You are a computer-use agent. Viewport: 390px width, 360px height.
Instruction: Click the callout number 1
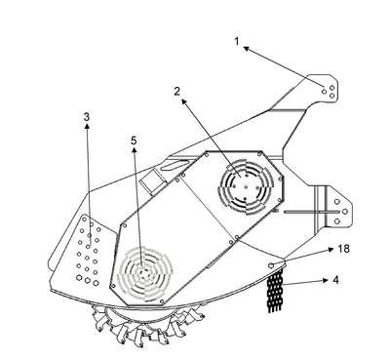237,41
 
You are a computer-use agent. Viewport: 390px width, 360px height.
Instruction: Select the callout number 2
176,92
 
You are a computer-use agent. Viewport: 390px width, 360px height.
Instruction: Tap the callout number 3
86,116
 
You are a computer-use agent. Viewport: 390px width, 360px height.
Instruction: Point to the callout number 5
134,140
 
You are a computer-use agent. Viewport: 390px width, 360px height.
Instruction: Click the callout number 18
344,249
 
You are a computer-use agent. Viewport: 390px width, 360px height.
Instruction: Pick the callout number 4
336,280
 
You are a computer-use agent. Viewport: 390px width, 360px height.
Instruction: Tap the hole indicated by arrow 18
271,265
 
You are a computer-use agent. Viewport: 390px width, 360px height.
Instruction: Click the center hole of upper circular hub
246,187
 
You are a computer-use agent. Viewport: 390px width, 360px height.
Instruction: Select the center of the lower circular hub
143,273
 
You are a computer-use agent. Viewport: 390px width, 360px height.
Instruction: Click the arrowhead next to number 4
326,280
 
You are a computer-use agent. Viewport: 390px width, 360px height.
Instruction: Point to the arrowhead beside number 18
331,249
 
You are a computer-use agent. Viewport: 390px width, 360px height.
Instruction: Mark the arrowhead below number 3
87,127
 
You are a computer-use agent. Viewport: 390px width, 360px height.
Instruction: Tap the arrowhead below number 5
135,149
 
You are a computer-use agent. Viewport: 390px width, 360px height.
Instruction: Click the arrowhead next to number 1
247,49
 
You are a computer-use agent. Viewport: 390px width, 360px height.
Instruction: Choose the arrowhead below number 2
184,102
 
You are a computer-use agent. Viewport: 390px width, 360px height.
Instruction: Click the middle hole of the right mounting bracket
345,212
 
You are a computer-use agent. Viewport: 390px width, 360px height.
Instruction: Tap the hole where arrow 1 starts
324,92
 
